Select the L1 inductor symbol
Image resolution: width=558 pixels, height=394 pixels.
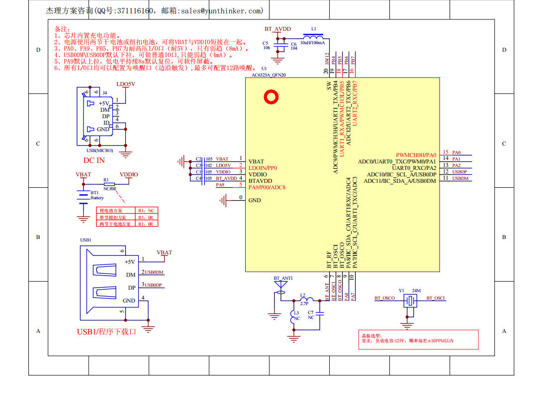313,36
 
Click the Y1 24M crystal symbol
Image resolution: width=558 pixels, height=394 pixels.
409,301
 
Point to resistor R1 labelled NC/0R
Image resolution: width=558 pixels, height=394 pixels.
106,183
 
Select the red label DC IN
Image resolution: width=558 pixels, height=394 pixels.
94,160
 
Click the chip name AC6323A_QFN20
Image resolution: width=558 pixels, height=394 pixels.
269,75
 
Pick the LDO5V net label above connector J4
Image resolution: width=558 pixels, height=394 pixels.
125,84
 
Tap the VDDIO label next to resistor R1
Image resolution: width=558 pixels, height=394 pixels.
129,174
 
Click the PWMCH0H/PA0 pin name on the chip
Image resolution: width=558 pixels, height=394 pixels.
416,155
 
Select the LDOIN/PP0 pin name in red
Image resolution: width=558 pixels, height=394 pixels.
263,168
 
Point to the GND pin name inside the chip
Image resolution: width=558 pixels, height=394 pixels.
254,200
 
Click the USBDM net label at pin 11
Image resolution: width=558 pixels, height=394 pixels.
460,178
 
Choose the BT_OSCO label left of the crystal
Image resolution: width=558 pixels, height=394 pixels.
384,298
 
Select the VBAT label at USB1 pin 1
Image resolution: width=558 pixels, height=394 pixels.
164,252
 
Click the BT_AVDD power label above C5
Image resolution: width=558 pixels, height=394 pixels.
278,29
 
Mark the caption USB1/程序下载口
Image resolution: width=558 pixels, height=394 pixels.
106,331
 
